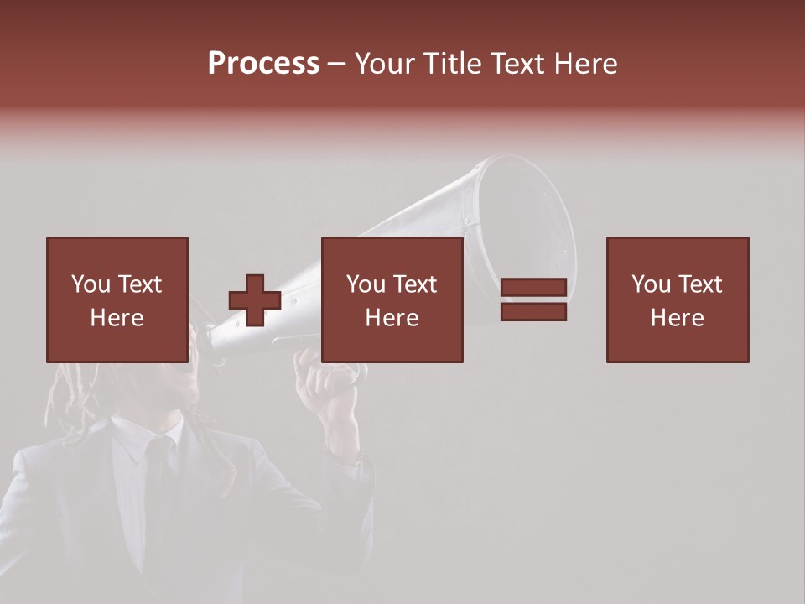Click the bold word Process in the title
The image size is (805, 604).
point(263,64)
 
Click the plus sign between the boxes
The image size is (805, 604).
point(255,300)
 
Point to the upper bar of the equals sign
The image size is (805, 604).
point(533,288)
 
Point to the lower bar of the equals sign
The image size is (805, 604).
point(533,312)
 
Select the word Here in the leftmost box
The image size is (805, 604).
point(117,318)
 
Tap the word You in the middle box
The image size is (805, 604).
point(366,284)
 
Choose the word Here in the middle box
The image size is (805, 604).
point(392,318)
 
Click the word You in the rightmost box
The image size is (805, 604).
point(652,284)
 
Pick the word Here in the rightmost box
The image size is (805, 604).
point(677,318)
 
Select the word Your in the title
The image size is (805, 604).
point(385,64)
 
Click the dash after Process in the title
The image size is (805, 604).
point(337,64)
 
